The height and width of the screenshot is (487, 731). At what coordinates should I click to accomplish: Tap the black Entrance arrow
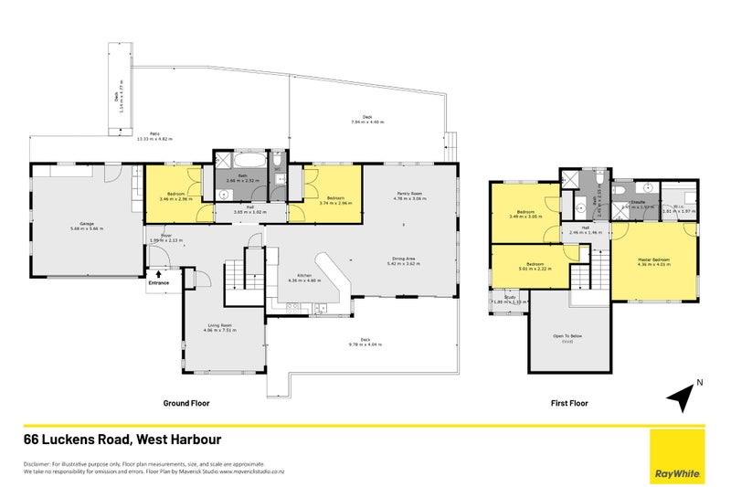pos(158,273)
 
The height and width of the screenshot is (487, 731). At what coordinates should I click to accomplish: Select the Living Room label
pos(219,327)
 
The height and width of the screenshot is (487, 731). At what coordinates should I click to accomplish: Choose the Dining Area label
pos(406,261)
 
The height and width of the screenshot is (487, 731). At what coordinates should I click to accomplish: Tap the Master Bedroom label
pos(654,262)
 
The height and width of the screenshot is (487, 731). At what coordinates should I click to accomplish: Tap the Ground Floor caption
pos(188,402)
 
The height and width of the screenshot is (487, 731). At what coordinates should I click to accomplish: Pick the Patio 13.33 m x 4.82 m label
pos(154,137)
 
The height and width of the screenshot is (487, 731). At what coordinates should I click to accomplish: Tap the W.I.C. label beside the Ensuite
pos(678,209)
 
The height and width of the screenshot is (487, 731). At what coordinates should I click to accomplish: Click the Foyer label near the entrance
pos(165,238)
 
